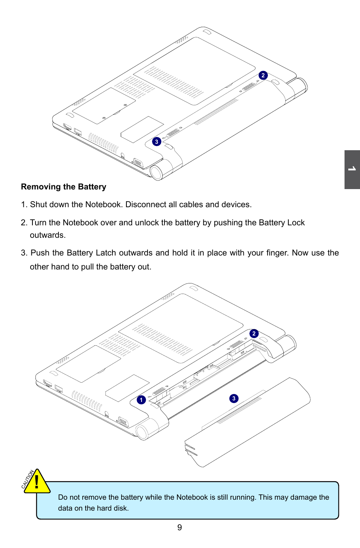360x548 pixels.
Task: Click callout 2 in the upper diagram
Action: point(263,75)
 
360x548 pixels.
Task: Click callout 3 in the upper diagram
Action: point(157,142)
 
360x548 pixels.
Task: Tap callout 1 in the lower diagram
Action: point(141,400)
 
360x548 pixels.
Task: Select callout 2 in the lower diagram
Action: point(254,334)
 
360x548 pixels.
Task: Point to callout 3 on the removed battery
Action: point(234,399)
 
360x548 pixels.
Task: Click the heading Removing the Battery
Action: point(63,187)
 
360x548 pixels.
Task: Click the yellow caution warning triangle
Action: point(36,482)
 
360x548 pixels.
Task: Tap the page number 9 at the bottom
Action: point(180,528)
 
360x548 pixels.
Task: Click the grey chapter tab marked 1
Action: point(352,169)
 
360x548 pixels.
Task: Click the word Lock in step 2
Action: point(296,223)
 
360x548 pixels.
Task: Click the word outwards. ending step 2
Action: point(48,235)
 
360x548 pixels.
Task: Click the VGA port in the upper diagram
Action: point(138,163)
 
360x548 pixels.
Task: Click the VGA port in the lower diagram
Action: point(123,421)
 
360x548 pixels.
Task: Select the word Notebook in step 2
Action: point(80,223)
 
